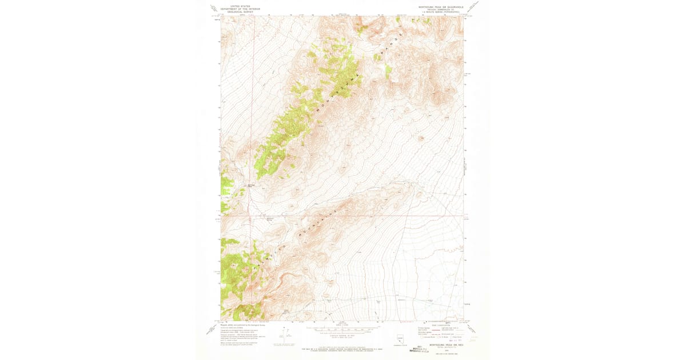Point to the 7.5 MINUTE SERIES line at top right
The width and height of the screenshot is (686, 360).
(437, 12)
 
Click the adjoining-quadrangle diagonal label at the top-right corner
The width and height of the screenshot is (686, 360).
(473, 7)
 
